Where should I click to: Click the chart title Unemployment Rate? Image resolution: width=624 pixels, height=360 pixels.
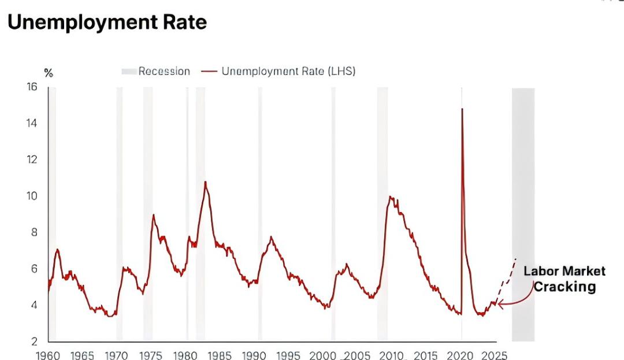pyautogui.click(x=107, y=22)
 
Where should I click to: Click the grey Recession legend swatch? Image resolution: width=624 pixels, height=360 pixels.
pyautogui.click(x=128, y=72)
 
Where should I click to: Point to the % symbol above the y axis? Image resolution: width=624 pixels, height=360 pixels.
pyautogui.click(x=49, y=73)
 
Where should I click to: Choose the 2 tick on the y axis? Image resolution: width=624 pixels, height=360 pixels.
pyautogui.click(x=34, y=342)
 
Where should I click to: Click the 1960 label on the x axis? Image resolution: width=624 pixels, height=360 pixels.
pyautogui.click(x=48, y=355)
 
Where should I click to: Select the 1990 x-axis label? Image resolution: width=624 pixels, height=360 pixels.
pyautogui.click(x=254, y=355)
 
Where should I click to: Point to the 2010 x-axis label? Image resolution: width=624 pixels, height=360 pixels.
pyautogui.click(x=391, y=355)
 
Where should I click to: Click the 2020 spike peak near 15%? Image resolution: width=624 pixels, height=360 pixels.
pyautogui.click(x=462, y=109)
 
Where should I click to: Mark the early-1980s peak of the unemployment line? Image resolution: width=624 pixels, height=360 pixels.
pyautogui.click(x=205, y=182)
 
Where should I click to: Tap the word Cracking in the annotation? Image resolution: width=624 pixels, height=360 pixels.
pyautogui.click(x=564, y=287)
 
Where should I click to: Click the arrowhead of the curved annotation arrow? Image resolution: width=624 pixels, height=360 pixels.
pyautogui.click(x=499, y=302)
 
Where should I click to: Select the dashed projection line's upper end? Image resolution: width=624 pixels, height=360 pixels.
pyautogui.click(x=515, y=259)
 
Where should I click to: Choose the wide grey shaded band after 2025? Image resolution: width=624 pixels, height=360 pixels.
pyautogui.click(x=523, y=214)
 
